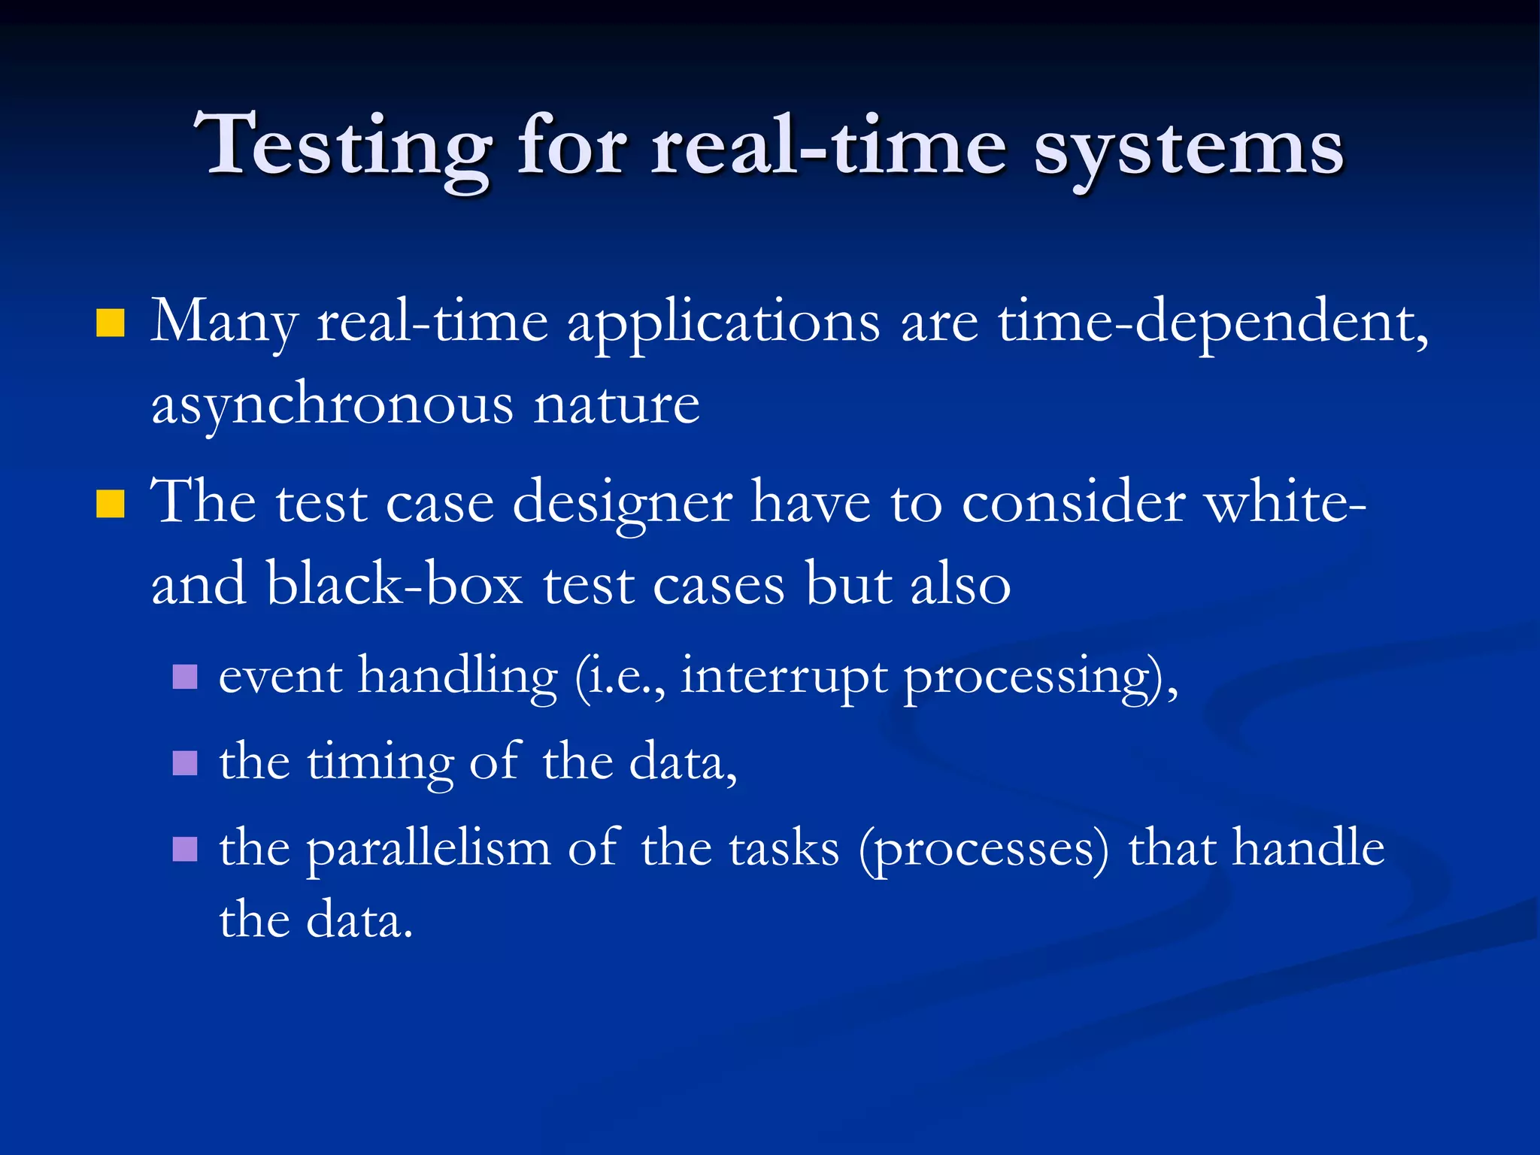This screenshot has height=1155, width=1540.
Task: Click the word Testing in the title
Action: coord(342,147)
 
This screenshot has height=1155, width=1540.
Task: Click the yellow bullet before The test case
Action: coord(110,504)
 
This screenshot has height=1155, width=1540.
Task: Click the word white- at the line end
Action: coord(1286,502)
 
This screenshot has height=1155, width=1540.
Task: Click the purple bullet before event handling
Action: coord(184,676)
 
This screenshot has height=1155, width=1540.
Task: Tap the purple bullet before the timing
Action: coord(184,762)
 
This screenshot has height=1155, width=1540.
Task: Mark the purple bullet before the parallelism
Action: coord(184,849)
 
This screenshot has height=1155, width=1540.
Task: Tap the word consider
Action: coord(1074,502)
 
